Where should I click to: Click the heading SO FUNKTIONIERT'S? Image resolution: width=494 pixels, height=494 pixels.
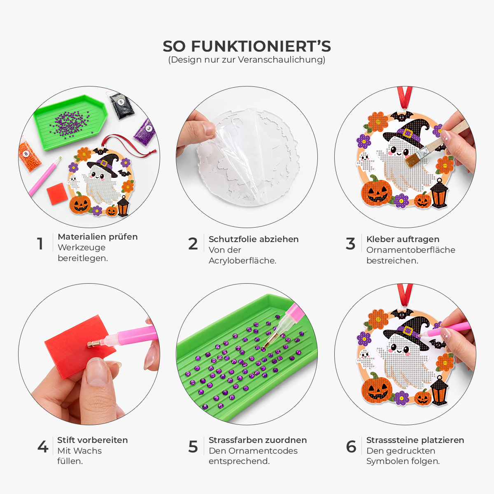[x=247, y=47]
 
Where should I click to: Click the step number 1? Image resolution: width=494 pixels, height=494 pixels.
[x=40, y=244]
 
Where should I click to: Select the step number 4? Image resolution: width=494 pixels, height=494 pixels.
[x=43, y=447]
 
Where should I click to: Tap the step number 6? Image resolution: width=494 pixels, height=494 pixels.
[x=351, y=447]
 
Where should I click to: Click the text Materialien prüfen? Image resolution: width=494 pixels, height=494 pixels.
[x=98, y=237]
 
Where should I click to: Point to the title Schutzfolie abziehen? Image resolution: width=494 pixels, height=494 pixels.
[x=254, y=239]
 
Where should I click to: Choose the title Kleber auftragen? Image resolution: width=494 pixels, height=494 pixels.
[x=403, y=239]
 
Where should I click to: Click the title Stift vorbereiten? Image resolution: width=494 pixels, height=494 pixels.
[x=93, y=440]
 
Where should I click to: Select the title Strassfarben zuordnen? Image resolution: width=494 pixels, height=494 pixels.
[x=258, y=440]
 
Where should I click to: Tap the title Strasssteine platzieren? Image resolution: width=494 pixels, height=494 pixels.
[x=415, y=440]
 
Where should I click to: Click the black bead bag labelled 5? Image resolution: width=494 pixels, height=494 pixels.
[x=121, y=105]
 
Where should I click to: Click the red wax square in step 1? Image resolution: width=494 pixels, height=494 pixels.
[x=57, y=193]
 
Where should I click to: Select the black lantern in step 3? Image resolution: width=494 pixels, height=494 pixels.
[x=439, y=193]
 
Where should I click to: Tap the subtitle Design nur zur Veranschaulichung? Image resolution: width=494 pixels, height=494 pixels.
[x=247, y=60]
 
